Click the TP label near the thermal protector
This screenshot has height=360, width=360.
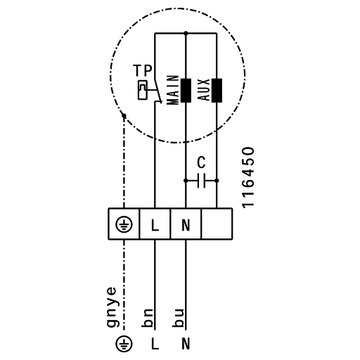[143, 70]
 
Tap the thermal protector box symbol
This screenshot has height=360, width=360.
[143, 90]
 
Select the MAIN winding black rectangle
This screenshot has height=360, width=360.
[186, 91]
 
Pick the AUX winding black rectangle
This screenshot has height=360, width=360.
[217, 91]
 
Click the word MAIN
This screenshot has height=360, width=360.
[173, 90]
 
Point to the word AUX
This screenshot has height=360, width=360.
[204, 90]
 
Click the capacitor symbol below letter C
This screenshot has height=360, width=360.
[201, 181]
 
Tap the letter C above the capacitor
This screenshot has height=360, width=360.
[201, 162]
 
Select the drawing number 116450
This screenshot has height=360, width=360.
[248, 178]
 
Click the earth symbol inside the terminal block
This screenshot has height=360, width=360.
[124, 224]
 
